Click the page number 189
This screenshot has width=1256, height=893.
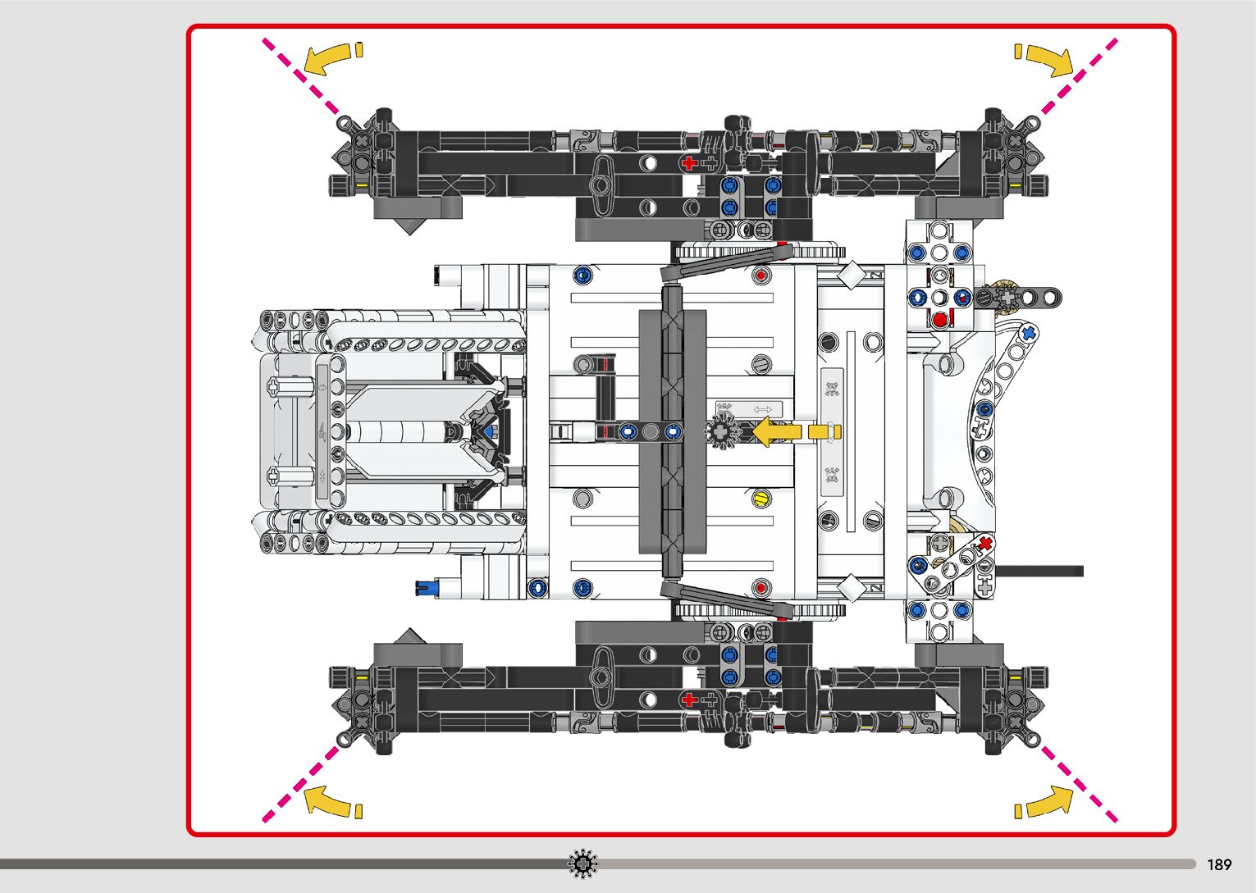coord(1219,864)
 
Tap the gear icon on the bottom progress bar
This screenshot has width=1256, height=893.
coord(582,863)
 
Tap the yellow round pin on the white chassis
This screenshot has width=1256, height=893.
coord(760,498)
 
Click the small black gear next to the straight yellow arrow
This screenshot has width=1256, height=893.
coord(722,431)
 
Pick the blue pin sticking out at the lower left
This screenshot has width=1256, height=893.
coord(427,586)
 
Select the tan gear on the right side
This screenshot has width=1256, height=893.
coord(1003,294)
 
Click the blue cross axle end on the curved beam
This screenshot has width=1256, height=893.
coord(1026,333)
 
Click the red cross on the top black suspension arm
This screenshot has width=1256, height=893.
coord(688,163)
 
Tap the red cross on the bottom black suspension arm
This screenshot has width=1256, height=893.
coord(688,699)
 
